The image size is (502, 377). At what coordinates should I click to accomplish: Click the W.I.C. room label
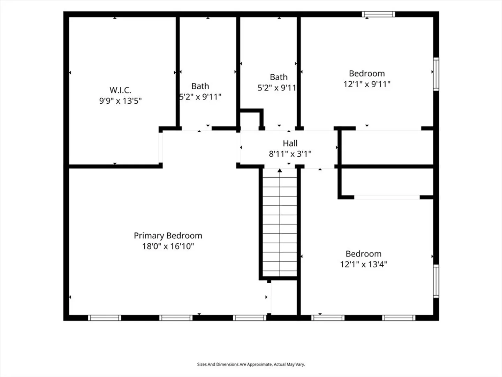point(120,90)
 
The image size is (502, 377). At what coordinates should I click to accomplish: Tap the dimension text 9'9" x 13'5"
point(120,101)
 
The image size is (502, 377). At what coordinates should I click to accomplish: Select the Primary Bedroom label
point(168,236)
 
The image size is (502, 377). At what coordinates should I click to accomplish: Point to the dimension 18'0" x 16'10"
point(168,246)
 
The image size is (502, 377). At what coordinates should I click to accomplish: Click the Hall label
point(290,143)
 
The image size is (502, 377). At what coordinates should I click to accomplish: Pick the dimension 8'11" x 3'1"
point(290,154)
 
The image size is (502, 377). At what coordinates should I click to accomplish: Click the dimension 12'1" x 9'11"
point(367,84)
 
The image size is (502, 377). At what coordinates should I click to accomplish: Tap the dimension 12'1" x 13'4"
point(364,264)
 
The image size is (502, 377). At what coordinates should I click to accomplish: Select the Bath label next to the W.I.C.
point(200,86)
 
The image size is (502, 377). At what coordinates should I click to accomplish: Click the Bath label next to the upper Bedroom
point(279,77)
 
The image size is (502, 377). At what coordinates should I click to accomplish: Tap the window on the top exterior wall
point(379,14)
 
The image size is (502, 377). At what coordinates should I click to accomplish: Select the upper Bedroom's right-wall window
point(436,74)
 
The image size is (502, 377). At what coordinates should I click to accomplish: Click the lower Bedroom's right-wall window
point(436,281)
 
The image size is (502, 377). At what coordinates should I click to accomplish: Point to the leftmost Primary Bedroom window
point(105,318)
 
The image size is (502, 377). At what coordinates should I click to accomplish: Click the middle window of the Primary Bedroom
point(176,318)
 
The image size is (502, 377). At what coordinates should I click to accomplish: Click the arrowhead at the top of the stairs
point(280,170)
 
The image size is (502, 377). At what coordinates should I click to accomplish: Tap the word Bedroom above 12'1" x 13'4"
point(363,254)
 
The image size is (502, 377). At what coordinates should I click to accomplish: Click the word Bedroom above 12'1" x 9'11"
point(367,73)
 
